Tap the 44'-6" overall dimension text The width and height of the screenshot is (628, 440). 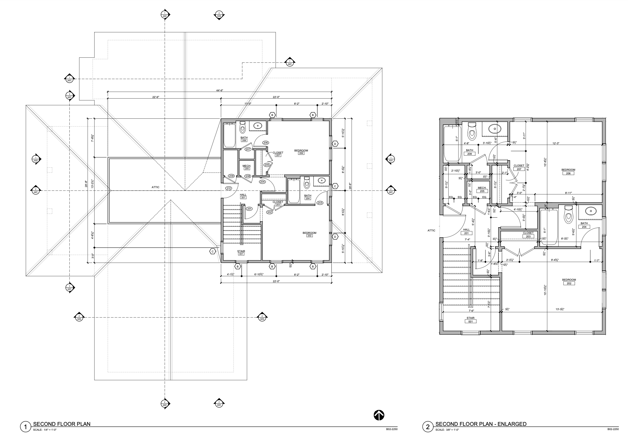click(x=219, y=90)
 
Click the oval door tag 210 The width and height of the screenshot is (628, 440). click(x=228, y=188)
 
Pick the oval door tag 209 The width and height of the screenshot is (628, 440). click(x=231, y=176)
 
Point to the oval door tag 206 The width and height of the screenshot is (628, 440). click(x=265, y=143)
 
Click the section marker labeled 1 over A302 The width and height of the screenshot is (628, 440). click(x=36, y=159)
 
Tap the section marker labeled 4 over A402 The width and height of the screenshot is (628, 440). click(x=165, y=404)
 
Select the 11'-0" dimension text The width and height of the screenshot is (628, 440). click(x=248, y=104)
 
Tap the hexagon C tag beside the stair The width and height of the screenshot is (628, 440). click(x=213, y=251)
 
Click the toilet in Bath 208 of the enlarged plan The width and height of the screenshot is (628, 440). click(x=472, y=130)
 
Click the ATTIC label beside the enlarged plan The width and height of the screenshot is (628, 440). click(x=431, y=231)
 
